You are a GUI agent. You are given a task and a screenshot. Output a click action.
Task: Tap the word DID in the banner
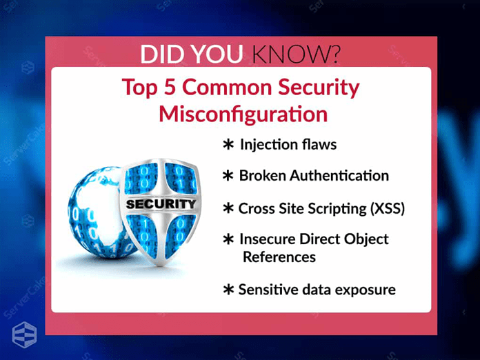coord(164,52)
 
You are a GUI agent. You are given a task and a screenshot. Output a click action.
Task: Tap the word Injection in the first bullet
coord(266,145)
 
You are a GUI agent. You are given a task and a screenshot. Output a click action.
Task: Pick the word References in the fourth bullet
coord(279,257)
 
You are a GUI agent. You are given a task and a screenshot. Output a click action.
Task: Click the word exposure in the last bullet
coord(366,290)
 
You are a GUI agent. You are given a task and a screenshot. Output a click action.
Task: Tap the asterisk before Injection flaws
coord(228,145)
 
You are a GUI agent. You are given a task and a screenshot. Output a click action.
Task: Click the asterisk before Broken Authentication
coord(228,176)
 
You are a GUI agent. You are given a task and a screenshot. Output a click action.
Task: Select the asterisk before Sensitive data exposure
coord(228,290)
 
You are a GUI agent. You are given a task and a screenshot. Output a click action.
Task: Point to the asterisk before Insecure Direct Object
coord(228,239)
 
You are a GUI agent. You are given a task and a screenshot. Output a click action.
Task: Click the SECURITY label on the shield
coord(159,204)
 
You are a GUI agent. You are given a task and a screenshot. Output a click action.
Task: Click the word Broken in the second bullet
coord(260,176)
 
